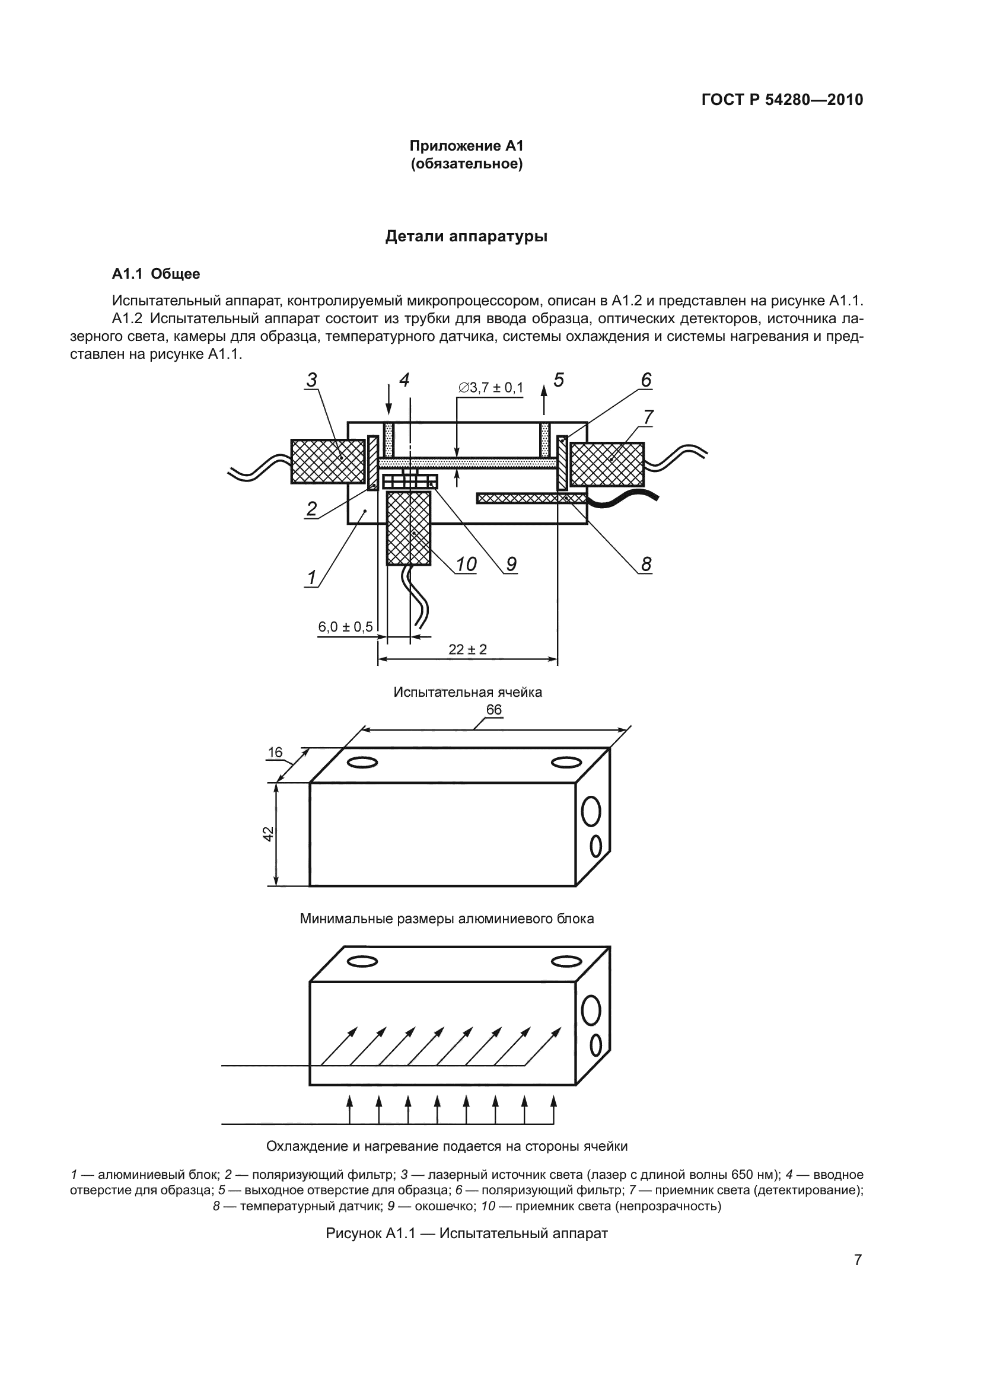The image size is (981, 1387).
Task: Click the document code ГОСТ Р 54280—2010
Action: point(782,100)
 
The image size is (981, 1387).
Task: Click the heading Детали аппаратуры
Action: point(466,236)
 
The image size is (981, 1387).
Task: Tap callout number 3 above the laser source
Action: point(312,380)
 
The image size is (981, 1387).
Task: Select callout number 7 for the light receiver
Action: point(648,417)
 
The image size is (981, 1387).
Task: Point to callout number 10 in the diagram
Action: point(466,564)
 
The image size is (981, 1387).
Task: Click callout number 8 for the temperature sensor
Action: point(646,564)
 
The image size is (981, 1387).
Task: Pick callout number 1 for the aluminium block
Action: point(312,578)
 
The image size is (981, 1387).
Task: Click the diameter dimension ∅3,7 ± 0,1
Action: point(491,387)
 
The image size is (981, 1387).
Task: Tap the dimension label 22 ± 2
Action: point(467,649)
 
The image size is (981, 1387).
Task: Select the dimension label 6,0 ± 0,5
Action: point(346,626)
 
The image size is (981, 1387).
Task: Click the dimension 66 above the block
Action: point(494,710)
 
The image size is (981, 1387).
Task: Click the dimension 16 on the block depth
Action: point(275,752)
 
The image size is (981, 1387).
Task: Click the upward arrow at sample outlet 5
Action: point(544,399)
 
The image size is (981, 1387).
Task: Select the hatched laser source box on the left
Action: point(328,461)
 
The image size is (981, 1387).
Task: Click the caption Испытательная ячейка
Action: point(467,692)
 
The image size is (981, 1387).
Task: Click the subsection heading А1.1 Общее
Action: point(156,275)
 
